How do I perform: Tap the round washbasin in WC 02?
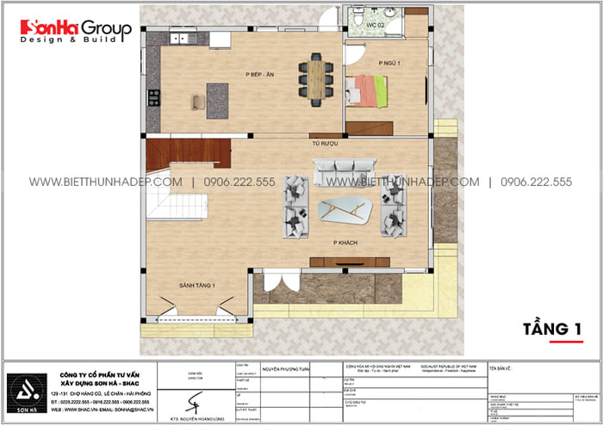pos(390,14)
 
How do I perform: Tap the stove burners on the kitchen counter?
pos(153,98)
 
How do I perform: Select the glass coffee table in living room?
pos(343,209)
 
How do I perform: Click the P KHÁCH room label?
pos(343,243)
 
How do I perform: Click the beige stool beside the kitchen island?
pos(198,103)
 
